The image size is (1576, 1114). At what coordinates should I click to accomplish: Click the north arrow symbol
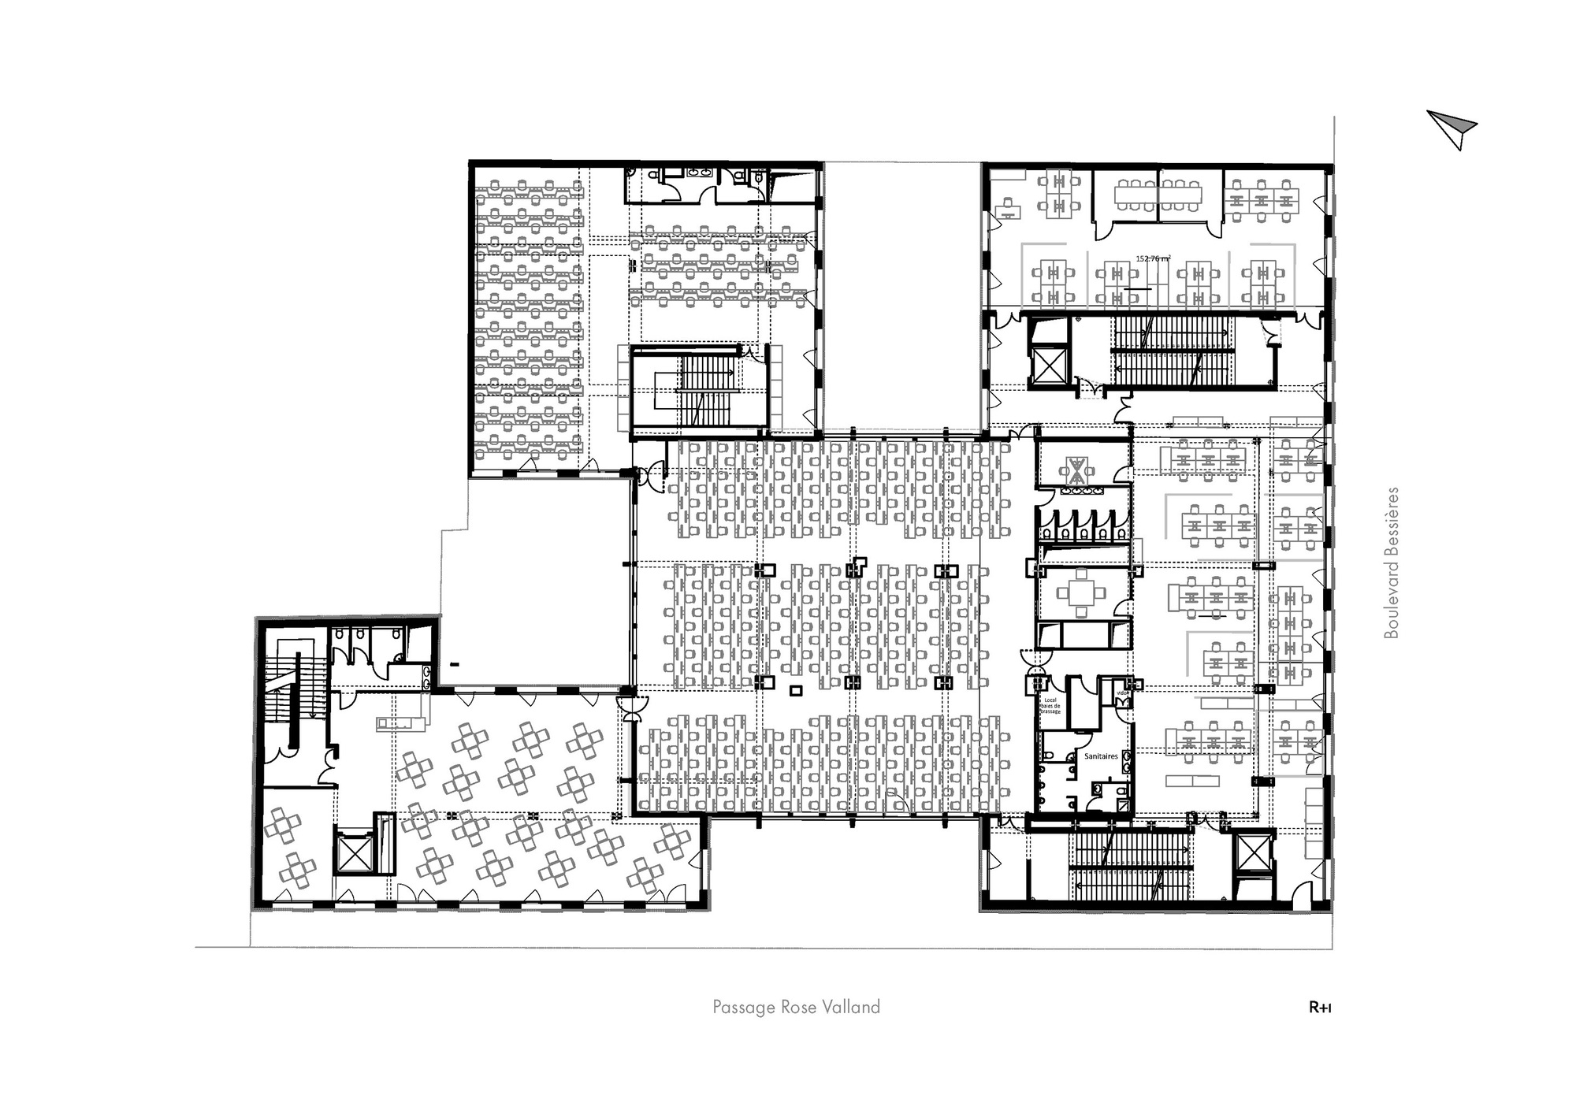point(1452,129)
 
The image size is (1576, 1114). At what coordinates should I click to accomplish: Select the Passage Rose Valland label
point(796,1007)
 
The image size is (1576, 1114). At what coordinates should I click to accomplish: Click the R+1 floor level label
point(1320,1007)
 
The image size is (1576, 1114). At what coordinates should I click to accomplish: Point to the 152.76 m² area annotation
point(1153,258)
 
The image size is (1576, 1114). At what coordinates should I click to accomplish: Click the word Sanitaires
point(1101,756)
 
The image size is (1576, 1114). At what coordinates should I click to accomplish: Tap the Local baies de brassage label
point(1051,705)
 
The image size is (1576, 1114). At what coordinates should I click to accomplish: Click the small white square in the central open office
point(796,691)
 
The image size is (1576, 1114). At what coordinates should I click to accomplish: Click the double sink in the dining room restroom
point(426,673)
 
